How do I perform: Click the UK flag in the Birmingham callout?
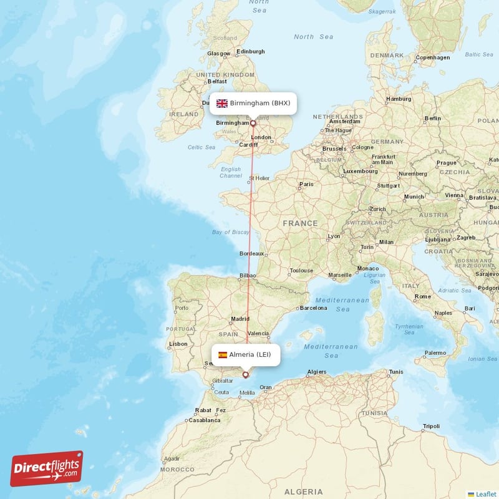point(222,103)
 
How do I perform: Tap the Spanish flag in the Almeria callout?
point(223,355)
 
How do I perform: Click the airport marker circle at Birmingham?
point(253,124)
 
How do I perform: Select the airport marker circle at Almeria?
point(246,375)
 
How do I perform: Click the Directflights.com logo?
point(47,468)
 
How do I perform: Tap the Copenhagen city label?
point(433,57)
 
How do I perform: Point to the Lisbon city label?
point(178,344)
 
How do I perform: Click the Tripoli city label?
point(431,427)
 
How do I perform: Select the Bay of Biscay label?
point(230,232)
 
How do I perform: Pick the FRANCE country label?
point(300,223)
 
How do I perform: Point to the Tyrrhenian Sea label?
point(409,329)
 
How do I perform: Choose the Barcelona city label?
point(313,308)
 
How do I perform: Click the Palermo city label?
point(435,353)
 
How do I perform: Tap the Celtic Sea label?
point(201,147)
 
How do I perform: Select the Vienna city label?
point(455,195)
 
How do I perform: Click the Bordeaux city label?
point(252,254)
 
